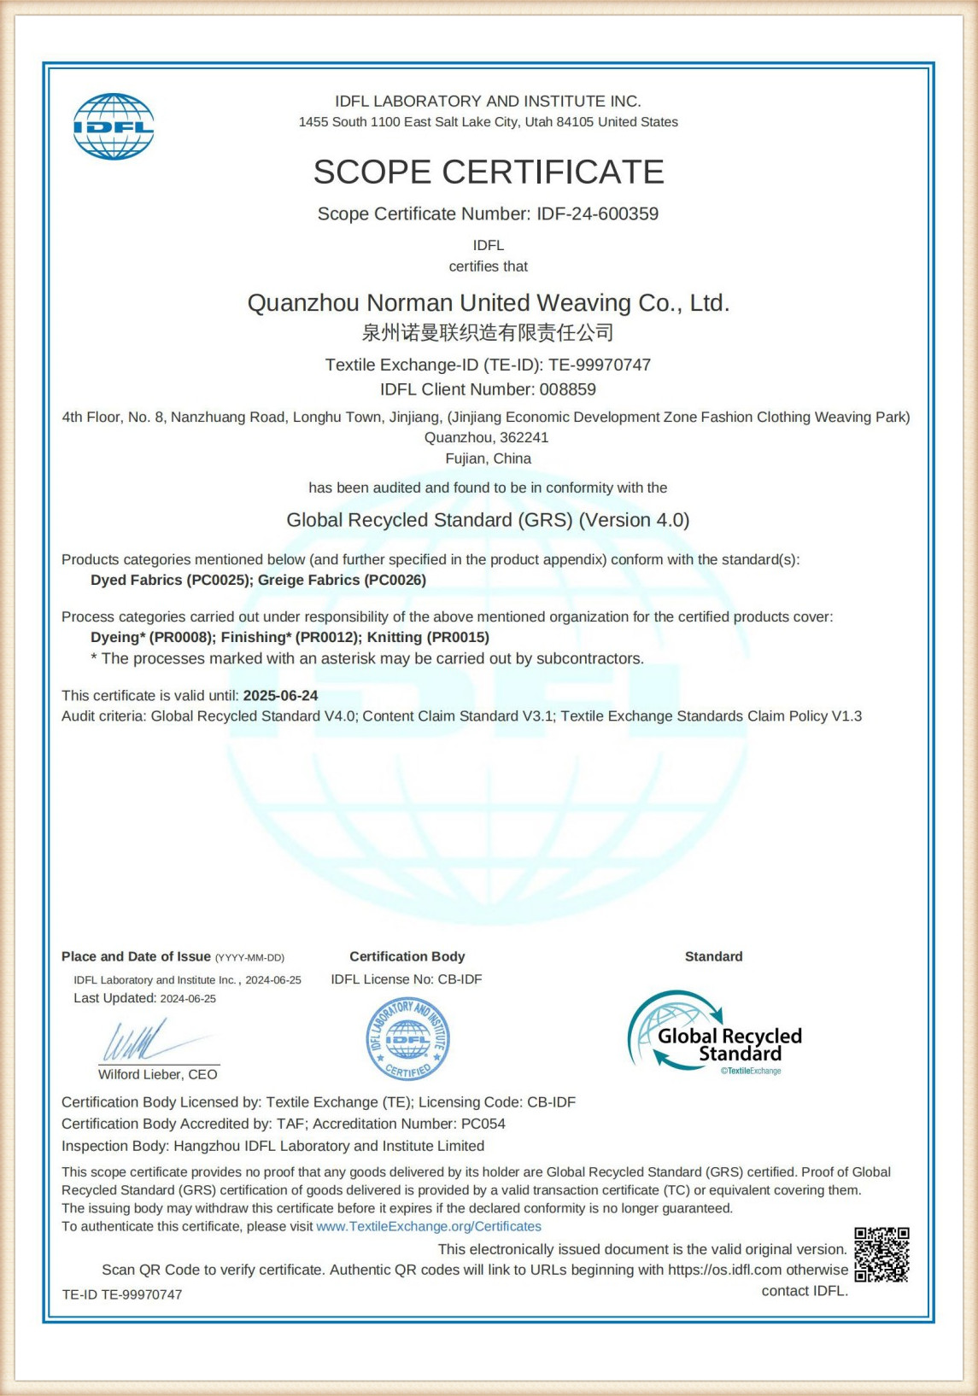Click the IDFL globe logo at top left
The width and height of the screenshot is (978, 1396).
[114, 126]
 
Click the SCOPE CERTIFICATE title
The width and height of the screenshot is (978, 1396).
[489, 172]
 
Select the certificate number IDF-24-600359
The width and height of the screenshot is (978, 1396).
[597, 213]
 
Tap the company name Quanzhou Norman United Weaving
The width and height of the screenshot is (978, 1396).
[488, 303]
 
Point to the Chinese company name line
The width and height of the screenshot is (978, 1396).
[488, 332]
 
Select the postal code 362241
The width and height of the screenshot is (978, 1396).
[524, 437]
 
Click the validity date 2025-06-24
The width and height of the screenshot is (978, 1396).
[280, 695]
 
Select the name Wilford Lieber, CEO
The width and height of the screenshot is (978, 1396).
[158, 1074]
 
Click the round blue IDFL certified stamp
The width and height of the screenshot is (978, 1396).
[408, 1039]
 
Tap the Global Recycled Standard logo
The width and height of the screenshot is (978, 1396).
[715, 1032]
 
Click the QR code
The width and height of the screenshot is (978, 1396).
[881, 1254]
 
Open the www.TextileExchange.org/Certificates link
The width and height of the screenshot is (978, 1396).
[429, 1226]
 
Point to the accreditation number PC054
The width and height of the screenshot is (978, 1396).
[483, 1124]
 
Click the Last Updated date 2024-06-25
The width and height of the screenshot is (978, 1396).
[188, 998]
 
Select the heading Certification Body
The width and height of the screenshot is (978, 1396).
[407, 956]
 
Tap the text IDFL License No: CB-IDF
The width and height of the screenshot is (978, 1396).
[407, 979]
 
